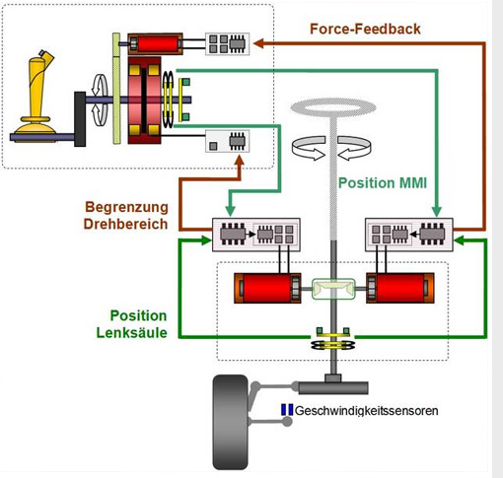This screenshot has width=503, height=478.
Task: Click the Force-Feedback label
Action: coord(365,29)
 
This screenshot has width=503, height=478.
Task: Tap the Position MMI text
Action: coord(383,183)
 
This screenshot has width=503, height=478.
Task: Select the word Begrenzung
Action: coord(126,208)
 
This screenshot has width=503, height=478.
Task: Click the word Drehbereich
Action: coord(125,224)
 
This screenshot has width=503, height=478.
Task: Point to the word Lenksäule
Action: coord(131,333)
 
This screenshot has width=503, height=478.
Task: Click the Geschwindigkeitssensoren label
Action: coord(367,411)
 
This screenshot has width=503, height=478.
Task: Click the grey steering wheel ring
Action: coord(333,107)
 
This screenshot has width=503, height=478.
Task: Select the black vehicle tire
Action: coord(230,422)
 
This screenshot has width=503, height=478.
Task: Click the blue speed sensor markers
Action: coord(287,410)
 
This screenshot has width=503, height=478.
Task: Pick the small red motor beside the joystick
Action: coord(155,43)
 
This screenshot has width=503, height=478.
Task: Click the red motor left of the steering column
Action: coord(267,288)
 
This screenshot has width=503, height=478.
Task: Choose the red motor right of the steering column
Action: coord(400,288)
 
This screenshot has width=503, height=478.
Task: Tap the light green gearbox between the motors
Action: coord(333,289)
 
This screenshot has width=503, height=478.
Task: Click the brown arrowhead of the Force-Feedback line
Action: coord(258,43)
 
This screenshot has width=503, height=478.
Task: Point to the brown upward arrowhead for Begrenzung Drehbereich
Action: coord(240,160)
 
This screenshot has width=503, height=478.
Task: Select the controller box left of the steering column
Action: coord(256,235)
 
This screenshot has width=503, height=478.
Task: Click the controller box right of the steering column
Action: coord(409,235)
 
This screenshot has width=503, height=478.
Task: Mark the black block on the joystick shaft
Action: coord(80,119)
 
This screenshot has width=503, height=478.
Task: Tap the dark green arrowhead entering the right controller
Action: coord(459,240)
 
